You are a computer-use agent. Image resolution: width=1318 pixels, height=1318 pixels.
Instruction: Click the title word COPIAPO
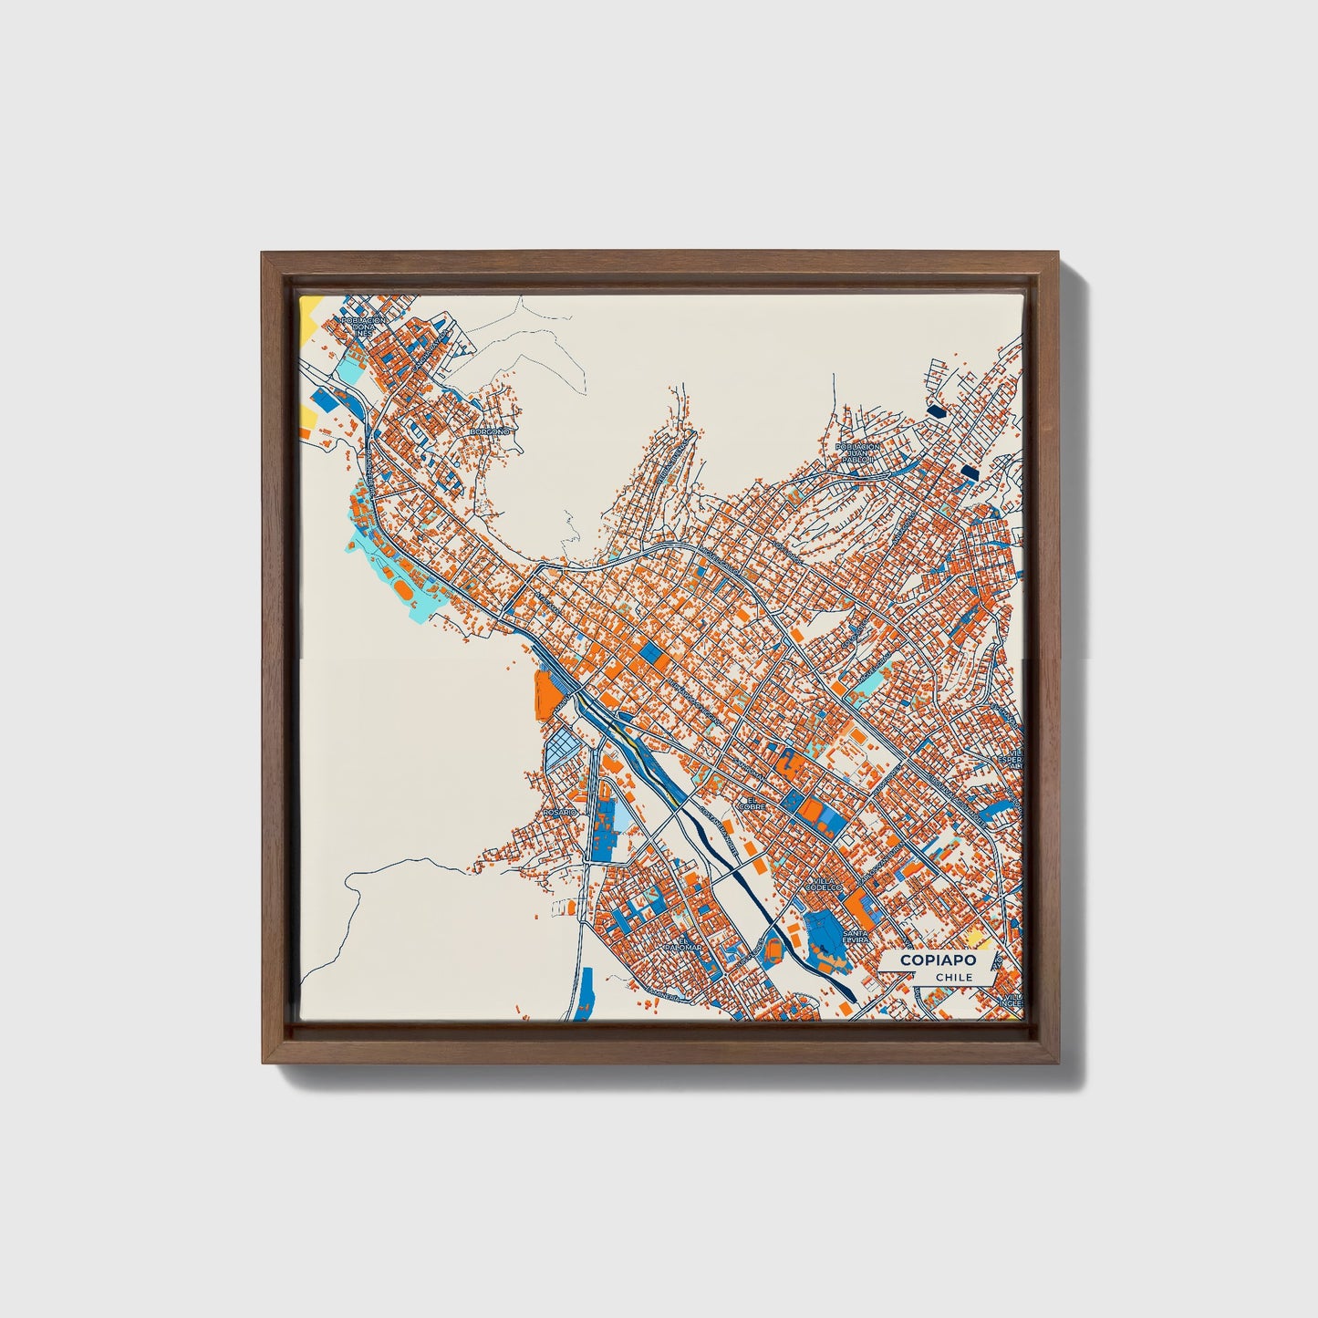(x=937, y=960)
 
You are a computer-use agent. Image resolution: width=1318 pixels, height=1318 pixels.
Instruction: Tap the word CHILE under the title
(x=953, y=977)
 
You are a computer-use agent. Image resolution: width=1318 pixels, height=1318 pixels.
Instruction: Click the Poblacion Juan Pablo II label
(x=858, y=452)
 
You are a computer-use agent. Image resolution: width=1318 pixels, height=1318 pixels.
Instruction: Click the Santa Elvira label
(x=856, y=939)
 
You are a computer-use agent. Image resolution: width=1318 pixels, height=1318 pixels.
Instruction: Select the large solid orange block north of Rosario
(x=548, y=691)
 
